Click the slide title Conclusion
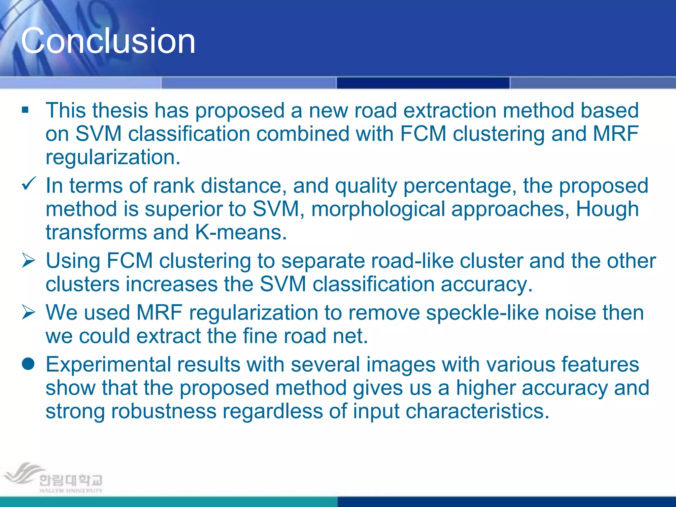(x=108, y=41)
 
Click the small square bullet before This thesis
(x=25, y=110)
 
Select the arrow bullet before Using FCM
(x=28, y=261)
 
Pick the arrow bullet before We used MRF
(x=28, y=313)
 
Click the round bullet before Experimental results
(x=28, y=364)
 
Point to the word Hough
(x=607, y=209)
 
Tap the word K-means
(x=241, y=232)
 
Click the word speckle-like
(x=482, y=313)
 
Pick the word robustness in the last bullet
(x=164, y=411)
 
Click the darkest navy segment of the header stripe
(x=423, y=83)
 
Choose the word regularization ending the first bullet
(x=113, y=158)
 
